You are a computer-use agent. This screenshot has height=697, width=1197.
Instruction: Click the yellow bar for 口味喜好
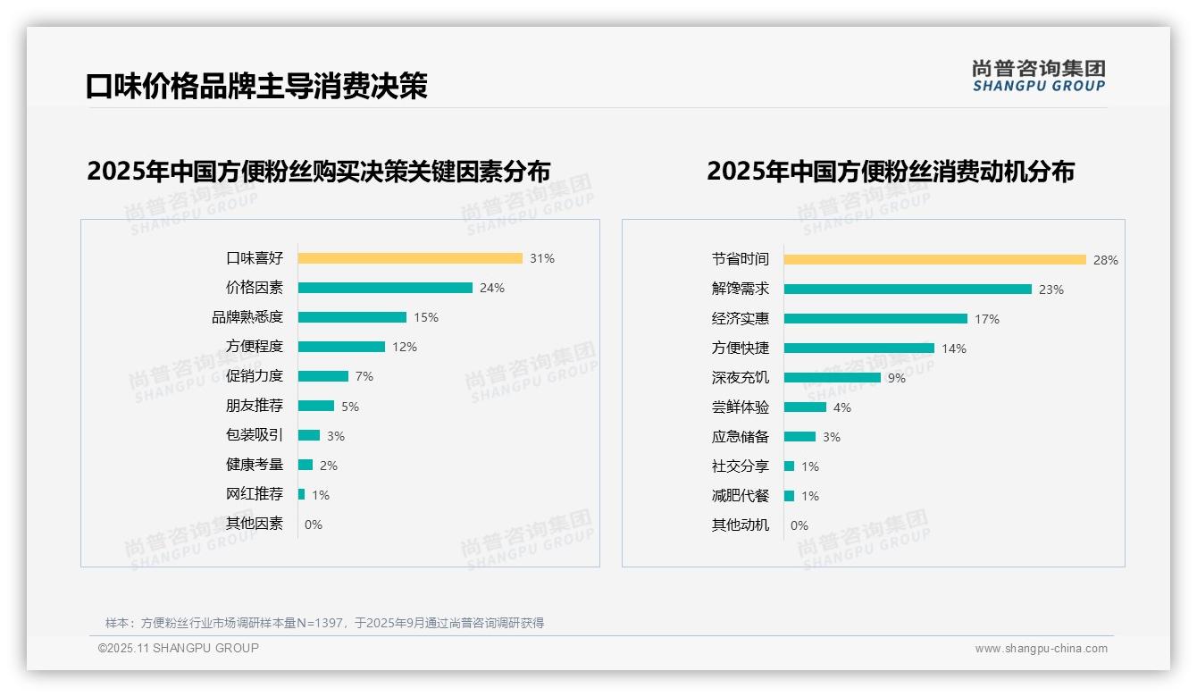[410, 258]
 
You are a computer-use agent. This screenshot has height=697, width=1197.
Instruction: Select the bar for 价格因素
[385, 288]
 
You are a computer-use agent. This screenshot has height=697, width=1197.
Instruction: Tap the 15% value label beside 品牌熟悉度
[426, 317]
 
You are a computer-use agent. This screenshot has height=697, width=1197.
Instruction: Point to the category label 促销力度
[254, 376]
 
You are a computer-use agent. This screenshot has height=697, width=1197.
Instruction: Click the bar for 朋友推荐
[316, 406]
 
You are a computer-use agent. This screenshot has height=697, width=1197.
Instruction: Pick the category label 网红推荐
[254, 494]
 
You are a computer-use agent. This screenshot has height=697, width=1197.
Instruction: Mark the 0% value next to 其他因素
[314, 525]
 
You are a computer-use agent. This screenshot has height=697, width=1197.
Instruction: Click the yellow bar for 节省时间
[934, 260]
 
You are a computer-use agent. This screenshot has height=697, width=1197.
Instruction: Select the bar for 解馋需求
[908, 290]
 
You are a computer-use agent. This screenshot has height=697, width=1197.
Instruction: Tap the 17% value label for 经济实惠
[987, 319]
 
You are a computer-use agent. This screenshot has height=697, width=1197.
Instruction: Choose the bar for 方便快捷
[859, 348]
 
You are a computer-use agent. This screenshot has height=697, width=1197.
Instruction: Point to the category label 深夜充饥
[740, 378]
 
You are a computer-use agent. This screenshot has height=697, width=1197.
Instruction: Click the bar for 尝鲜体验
[805, 407]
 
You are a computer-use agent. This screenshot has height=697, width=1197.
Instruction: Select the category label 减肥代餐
[740, 496]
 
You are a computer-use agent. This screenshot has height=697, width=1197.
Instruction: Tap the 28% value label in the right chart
[1105, 260]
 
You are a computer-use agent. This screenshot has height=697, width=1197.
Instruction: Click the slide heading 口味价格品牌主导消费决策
[257, 86]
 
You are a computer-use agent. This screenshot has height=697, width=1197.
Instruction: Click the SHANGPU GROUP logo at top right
[1038, 76]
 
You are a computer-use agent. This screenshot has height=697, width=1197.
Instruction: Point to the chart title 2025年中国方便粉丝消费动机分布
[890, 171]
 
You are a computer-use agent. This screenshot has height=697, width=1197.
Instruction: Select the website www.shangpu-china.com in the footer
[1041, 649]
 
